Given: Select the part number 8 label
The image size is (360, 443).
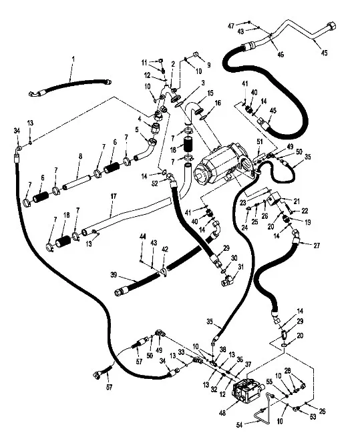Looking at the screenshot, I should [x=80, y=157].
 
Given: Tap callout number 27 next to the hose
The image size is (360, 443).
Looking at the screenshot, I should [x=317, y=245].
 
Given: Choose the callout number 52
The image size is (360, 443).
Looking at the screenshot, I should [x=154, y=183].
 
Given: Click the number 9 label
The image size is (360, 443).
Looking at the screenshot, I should [x=208, y=65].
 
